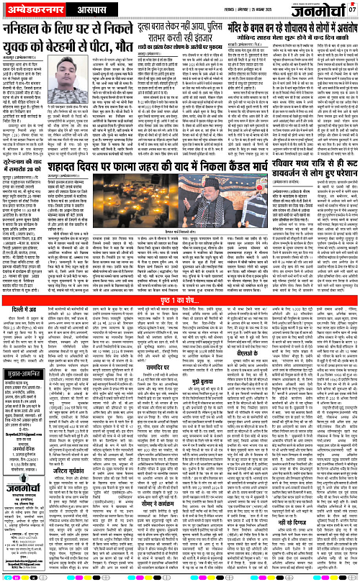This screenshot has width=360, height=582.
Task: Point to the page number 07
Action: (x=352, y=9)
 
